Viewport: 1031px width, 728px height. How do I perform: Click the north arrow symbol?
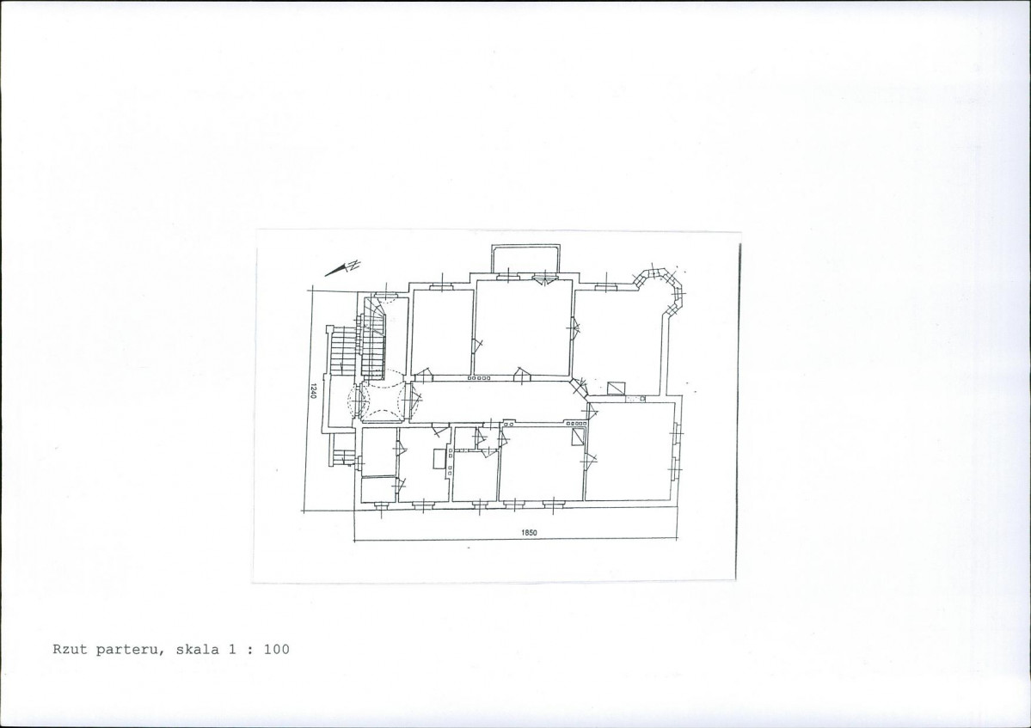pyautogui.click(x=343, y=267)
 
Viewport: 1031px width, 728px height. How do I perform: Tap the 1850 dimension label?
pyautogui.click(x=530, y=533)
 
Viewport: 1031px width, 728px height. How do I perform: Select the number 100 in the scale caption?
pyautogui.click(x=277, y=649)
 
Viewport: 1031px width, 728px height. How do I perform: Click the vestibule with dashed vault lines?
pyautogui.click(x=384, y=400)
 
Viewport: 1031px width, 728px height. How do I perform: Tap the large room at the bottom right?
pyautogui.click(x=630, y=451)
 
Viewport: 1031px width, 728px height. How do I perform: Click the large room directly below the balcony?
pyautogui.click(x=524, y=327)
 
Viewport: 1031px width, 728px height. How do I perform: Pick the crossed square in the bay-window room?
pyautogui.click(x=617, y=388)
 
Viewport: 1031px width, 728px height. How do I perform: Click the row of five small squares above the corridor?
pyautogui.click(x=479, y=378)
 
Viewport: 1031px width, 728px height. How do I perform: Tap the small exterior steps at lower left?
pyautogui.click(x=341, y=456)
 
